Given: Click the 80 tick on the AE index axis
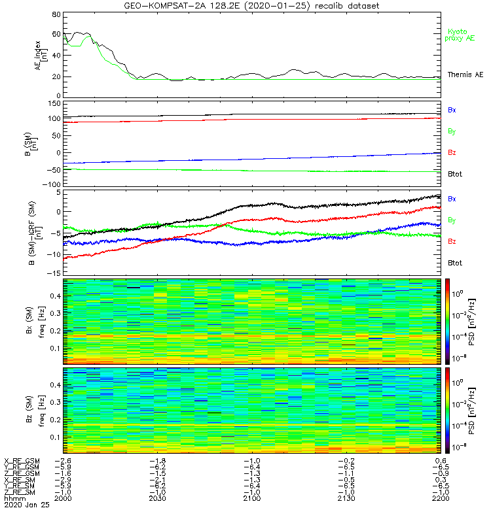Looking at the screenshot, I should coord(56,14).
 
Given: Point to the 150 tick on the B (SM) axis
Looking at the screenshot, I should coord(54,103).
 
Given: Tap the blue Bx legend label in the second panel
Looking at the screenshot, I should coord(452,110).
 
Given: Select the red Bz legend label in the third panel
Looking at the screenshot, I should coord(452,242).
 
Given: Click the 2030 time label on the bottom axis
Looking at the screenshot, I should coord(158,498).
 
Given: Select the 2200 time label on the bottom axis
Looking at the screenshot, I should coord(440,498).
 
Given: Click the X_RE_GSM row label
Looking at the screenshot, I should coord(22,461).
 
